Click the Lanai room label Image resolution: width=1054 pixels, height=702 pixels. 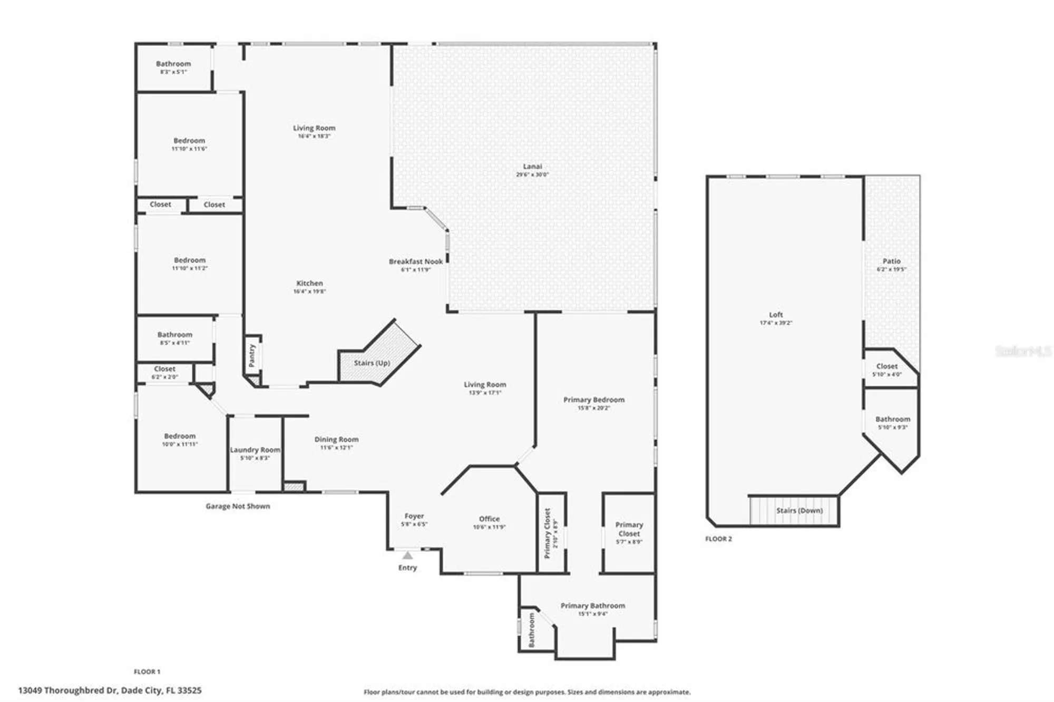532,167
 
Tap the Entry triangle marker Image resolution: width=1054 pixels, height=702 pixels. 407,555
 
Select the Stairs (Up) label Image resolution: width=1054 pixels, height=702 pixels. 372,363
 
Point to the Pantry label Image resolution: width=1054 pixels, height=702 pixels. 252,356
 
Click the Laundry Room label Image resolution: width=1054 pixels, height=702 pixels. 255,450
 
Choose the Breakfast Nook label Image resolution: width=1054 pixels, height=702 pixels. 416,261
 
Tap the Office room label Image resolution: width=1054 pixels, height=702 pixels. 489,519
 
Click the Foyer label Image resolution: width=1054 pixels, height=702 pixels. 414,516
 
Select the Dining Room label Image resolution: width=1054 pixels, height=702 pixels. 336,440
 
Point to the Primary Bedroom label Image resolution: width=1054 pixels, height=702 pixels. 594,400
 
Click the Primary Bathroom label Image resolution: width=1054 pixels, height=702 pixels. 593,606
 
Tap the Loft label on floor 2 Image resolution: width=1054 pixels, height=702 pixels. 776,315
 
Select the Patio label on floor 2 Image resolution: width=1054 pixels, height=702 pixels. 891,261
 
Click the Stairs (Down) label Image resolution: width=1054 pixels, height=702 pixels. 799,511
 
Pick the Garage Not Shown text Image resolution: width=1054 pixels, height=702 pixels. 238,506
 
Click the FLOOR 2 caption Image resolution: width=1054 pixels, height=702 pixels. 718,539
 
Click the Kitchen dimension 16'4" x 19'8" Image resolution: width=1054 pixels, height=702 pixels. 309,291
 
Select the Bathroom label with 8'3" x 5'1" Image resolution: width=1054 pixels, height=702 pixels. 173,64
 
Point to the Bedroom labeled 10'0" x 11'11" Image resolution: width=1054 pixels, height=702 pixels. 180,436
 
